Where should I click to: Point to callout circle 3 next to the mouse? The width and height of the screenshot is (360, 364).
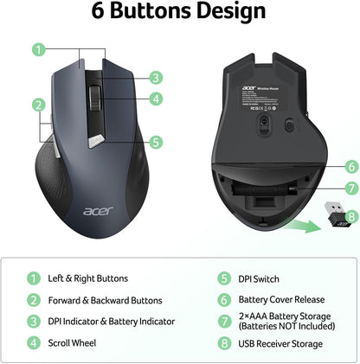155,77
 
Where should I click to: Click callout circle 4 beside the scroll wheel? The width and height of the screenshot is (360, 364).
155,99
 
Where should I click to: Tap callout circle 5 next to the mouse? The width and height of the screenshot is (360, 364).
155,142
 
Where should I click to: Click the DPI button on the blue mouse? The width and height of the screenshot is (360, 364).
94,137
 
